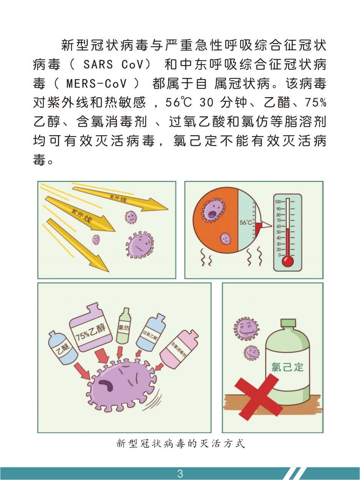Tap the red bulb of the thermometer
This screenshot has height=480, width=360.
click(287, 261)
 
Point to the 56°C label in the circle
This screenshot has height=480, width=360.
click(246, 223)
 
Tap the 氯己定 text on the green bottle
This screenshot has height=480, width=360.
click(287, 367)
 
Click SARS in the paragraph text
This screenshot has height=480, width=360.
click(98, 64)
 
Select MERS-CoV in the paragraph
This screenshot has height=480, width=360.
click(96, 83)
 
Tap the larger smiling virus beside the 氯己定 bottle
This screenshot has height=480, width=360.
click(246, 329)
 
